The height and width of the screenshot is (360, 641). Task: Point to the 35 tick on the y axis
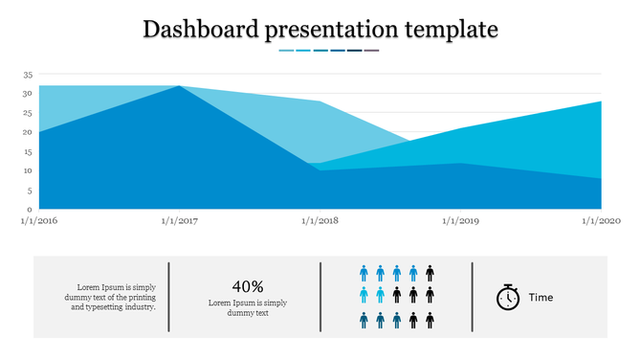click(x=28, y=75)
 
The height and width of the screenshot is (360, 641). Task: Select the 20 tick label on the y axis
click(x=28, y=132)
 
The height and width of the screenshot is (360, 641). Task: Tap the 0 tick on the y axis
click(x=30, y=209)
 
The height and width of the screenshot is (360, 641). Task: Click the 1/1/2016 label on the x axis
click(x=39, y=221)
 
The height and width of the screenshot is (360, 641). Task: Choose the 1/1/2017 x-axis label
click(x=180, y=221)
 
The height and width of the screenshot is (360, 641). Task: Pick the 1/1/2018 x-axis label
click(x=320, y=221)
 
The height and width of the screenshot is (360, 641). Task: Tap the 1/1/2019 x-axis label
click(x=461, y=221)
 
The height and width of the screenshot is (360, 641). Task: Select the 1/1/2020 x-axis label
click(x=602, y=221)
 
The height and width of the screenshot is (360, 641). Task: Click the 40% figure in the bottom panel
click(x=248, y=286)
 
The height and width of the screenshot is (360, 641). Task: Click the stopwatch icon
click(x=508, y=297)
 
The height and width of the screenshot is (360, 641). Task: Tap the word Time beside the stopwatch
click(x=542, y=298)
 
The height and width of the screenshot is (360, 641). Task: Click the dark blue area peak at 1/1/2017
click(x=179, y=87)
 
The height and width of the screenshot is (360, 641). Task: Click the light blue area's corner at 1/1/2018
click(x=320, y=102)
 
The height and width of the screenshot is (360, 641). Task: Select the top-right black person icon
click(x=430, y=274)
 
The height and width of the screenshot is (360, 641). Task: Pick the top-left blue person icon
click(x=365, y=274)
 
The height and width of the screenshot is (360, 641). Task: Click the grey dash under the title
click(x=371, y=51)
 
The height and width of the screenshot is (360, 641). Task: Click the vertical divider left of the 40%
click(x=169, y=297)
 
